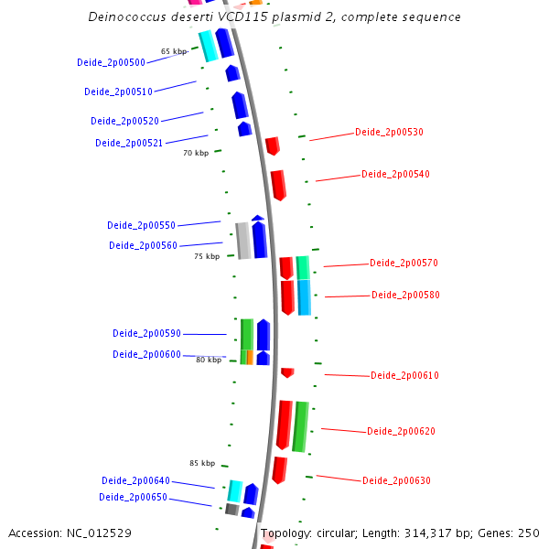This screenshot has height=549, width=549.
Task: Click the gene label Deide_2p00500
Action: [111, 62]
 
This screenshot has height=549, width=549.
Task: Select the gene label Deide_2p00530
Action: [389, 132]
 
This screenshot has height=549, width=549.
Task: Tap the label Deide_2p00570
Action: [404, 263]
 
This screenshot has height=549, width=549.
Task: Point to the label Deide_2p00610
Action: [404, 375]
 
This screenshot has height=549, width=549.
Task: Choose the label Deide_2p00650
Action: [133, 497]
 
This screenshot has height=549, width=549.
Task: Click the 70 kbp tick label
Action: [196, 153]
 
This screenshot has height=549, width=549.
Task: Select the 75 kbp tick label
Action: [207, 256]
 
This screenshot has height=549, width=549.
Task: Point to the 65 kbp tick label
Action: [174, 51]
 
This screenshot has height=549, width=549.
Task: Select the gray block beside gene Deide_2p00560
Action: [243, 240]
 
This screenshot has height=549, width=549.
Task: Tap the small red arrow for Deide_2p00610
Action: [287, 372]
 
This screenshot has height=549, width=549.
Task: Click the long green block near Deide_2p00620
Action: [299, 426]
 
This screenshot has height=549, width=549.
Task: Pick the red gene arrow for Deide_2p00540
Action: [278, 184]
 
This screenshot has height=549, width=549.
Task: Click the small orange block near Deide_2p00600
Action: [250, 357]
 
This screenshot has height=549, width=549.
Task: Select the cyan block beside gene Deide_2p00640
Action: [235, 490]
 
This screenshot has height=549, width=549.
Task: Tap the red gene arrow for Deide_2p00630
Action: [279, 469]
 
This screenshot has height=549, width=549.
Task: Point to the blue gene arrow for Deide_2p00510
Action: [232, 73]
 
